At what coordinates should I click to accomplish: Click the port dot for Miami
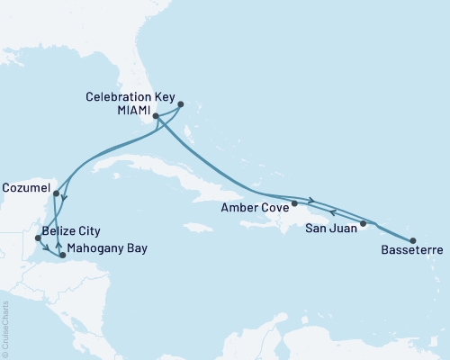tap(156, 116)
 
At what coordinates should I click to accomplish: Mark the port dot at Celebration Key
tap(181, 103)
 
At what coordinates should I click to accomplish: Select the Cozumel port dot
tap(56, 193)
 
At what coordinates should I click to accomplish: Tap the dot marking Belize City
tap(37, 238)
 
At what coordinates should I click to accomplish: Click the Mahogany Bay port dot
tap(62, 256)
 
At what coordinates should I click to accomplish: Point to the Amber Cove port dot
tap(294, 203)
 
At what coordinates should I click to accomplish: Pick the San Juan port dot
tap(364, 222)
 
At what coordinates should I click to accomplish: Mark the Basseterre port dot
tap(413, 240)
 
